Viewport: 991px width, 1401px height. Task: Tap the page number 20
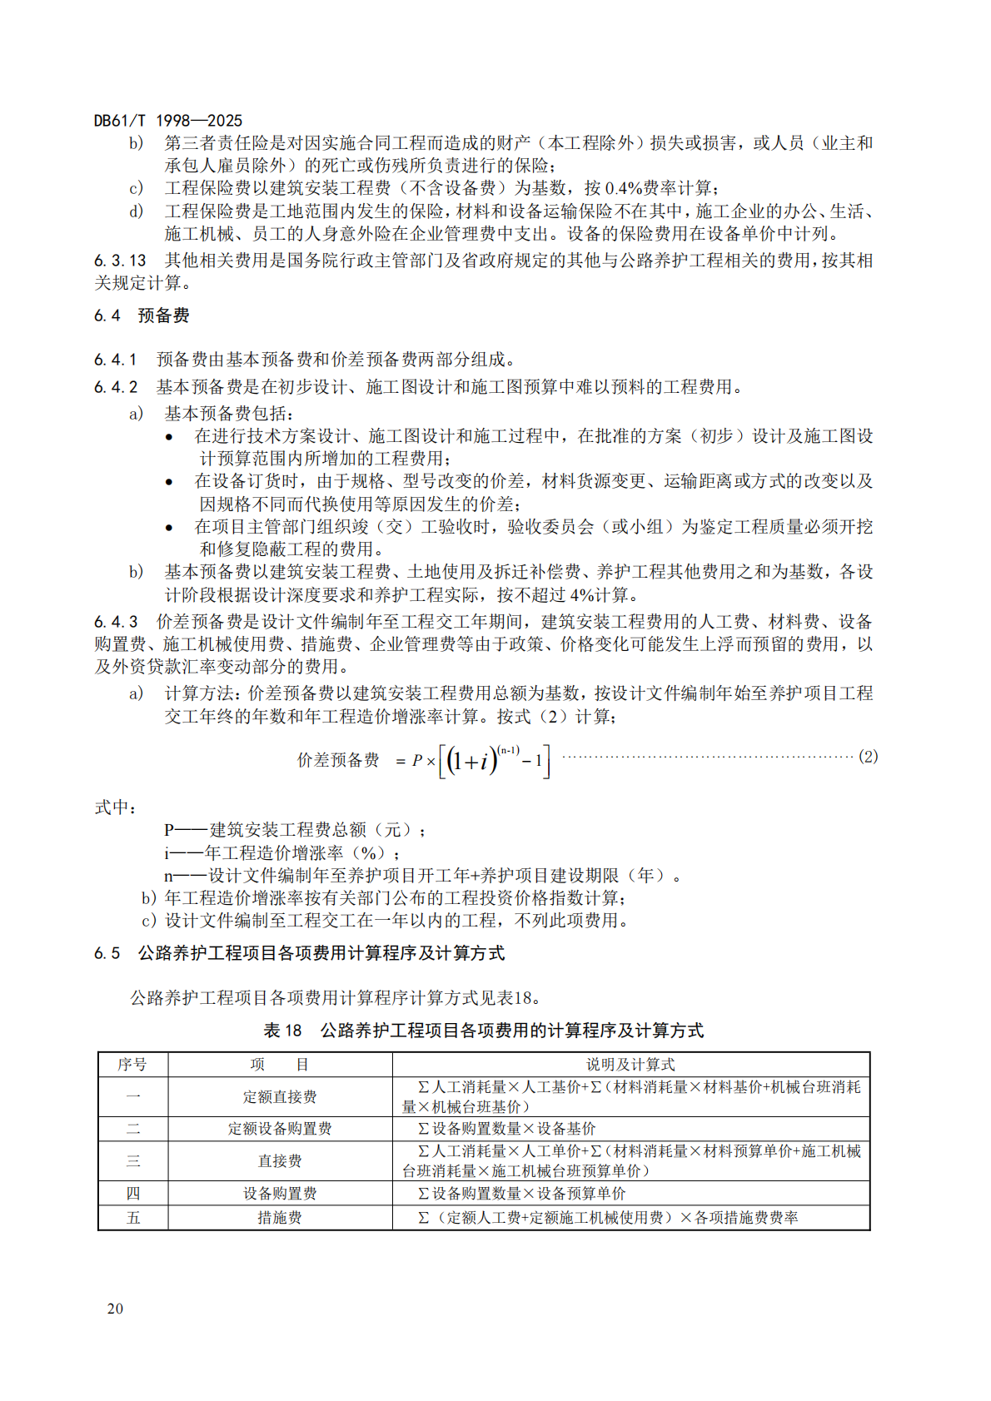(115, 1308)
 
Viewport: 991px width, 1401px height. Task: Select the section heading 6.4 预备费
(142, 315)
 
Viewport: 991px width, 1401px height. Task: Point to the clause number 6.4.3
(116, 622)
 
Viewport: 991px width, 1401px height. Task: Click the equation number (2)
(868, 757)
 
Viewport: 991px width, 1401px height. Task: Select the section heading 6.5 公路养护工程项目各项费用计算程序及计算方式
(299, 953)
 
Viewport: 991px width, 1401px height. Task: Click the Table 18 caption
(483, 1031)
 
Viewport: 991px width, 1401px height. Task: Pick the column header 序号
(132, 1065)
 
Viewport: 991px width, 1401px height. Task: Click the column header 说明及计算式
(630, 1065)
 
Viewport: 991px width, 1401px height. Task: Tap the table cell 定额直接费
(280, 1097)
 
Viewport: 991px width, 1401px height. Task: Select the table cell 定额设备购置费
(280, 1129)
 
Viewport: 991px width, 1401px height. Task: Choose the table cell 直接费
(280, 1160)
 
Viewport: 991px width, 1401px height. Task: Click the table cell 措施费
(280, 1218)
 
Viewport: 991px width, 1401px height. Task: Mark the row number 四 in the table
(132, 1193)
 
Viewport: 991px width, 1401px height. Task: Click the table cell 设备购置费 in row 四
(280, 1193)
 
